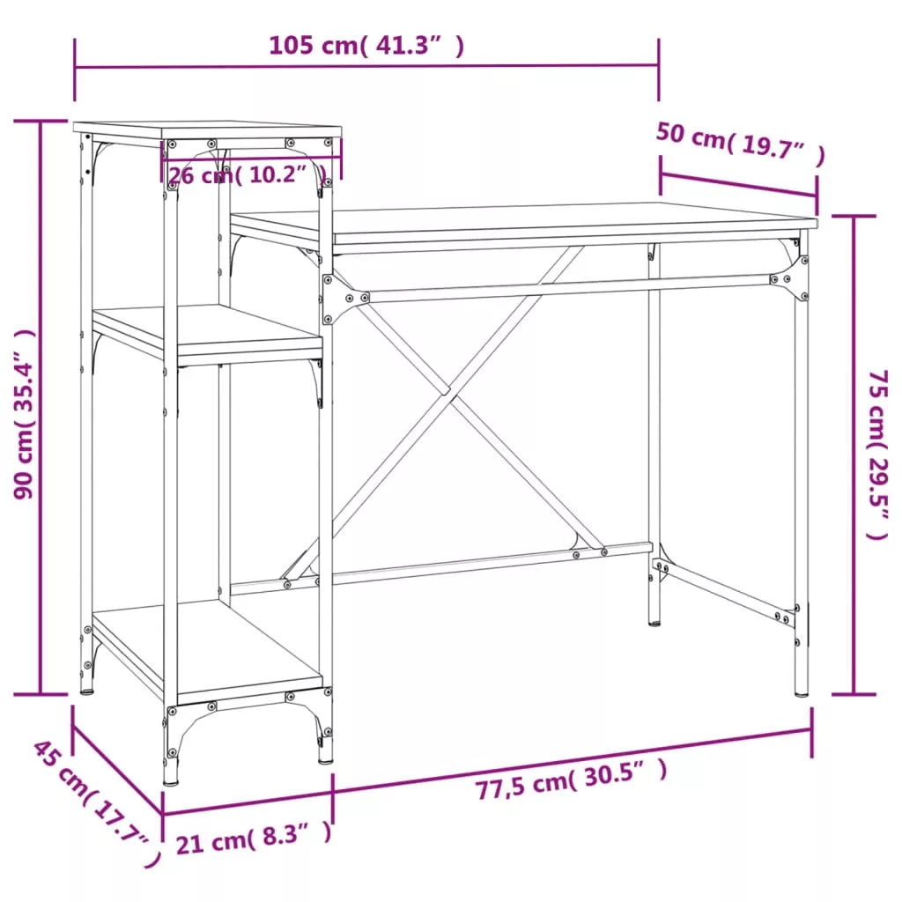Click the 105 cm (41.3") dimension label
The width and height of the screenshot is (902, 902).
(x=366, y=46)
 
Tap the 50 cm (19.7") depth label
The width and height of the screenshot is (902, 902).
(x=741, y=143)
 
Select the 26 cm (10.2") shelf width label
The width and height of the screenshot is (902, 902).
(x=248, y=174)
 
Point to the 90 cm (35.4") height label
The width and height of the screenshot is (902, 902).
(x=24, y=414)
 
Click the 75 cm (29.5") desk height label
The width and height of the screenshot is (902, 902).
(x=878, y=455)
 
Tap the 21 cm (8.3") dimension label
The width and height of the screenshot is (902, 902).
(x=254, y=838)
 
